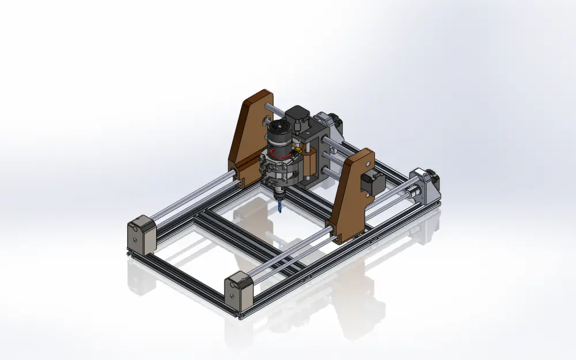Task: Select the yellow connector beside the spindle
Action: click(299, 151)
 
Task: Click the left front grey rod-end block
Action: click(141, 235)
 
